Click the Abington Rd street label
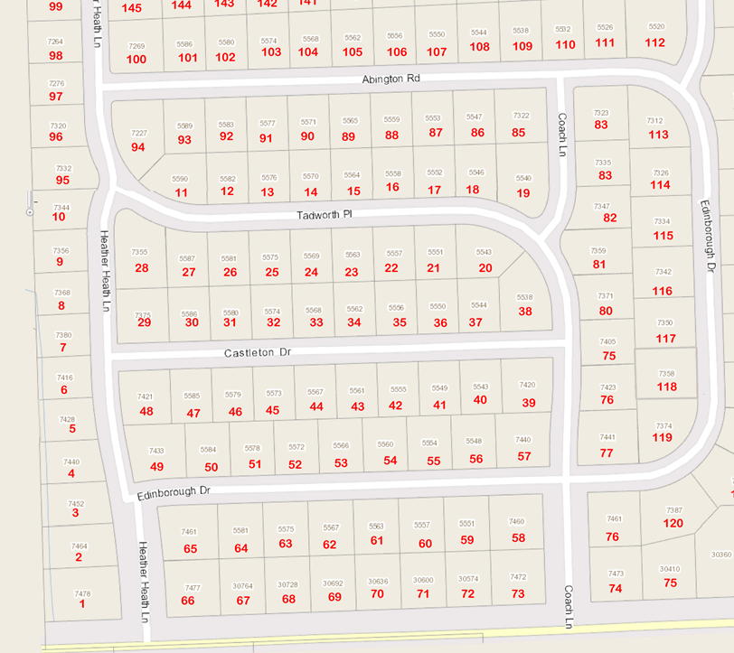pos(391,79)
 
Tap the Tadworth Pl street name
pos(324,217)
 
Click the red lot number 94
pos(138,147)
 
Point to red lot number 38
pos(525,312)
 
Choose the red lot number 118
pos(666,387)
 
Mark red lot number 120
pos(673,523)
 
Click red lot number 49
pos(157,466)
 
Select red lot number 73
pos(518,593)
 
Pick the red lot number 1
pos(82,603)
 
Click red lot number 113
pos(659,135)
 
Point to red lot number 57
pos(524,456)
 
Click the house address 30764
pos(242,586)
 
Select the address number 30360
pos(721,555)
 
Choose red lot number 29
pos(144,322)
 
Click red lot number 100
pos(136,60)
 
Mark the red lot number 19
pos(523,193)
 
